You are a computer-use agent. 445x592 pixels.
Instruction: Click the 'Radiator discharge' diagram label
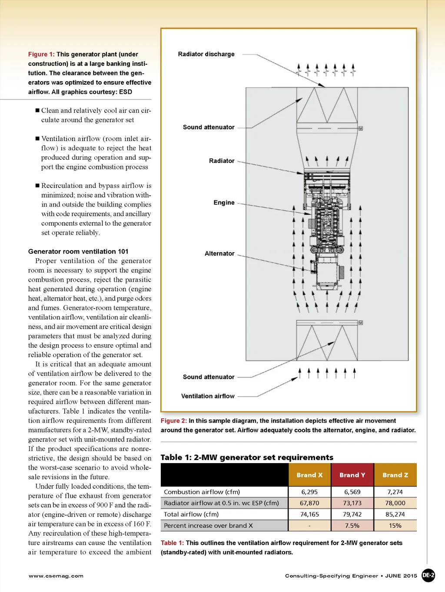point(206,54)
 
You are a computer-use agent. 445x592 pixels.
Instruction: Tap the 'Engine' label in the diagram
point(224,203)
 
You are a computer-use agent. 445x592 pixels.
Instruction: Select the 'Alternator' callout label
point(219,253)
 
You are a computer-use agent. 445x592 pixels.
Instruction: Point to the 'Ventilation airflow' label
point(208,396)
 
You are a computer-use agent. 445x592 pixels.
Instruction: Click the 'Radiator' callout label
point(222,161)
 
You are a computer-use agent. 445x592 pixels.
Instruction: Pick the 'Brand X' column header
point(309,475)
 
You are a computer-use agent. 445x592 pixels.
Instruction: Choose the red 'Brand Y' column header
point(352,475)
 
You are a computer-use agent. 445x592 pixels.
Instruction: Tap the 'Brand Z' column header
point(395,475)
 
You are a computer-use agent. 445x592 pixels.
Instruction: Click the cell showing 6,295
point(309,492)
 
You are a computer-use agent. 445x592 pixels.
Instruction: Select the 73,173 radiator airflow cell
point(352,503)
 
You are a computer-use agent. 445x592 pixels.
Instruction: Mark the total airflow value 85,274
point(395,514)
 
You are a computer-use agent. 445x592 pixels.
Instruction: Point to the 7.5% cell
point(352,526)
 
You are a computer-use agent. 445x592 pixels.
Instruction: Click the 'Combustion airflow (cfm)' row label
point(202,492)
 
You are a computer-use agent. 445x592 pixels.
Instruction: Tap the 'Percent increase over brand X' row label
point(208,526)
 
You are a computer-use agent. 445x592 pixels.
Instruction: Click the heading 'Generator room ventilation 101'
point(78,252)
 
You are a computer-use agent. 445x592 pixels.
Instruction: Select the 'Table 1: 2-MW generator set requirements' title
point(247,457)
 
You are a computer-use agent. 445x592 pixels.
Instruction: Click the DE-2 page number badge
point(428,576)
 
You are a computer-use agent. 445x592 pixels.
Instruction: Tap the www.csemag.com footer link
point(56,576)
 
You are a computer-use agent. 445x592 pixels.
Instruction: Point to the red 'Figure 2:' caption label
point(174,421)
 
